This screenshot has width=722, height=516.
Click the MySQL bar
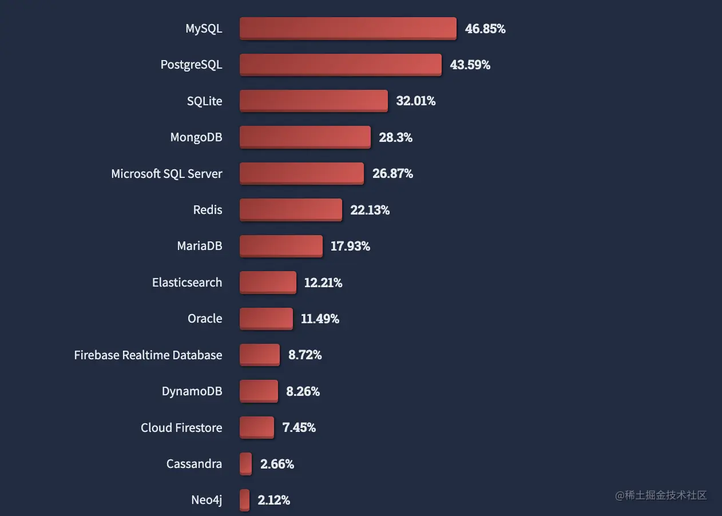(x=348, y=28)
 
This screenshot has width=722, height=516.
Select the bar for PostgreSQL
(x=340, y=65)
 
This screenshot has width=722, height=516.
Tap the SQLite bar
(x=314, y=101)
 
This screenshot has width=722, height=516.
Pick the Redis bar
(x=291, y=209)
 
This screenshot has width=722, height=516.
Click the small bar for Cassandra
(x=246, y=463)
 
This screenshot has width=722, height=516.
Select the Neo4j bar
(x=245, y=499)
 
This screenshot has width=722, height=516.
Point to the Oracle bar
(x=266, y=318)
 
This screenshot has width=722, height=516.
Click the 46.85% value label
(x=485, y=29)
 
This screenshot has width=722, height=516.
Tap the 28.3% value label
(x=395, y=137)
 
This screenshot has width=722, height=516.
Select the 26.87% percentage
(x=392, y=173)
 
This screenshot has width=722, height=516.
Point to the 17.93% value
(x=350, y=246)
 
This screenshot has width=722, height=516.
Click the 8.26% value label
(x=303, y=391)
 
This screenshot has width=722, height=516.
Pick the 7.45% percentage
(x=299, y=427)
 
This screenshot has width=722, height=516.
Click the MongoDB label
(x=196, y=137)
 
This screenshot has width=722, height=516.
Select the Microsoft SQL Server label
(x=166, y=173)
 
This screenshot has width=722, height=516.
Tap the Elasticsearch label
(x=187, y=282)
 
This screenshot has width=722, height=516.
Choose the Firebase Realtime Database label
(x=148, y=355)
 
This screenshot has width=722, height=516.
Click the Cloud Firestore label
(x=181, y=427)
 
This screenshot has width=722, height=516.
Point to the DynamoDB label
(x=192, y=391)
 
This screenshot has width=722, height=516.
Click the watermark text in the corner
(x=661, y=495)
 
